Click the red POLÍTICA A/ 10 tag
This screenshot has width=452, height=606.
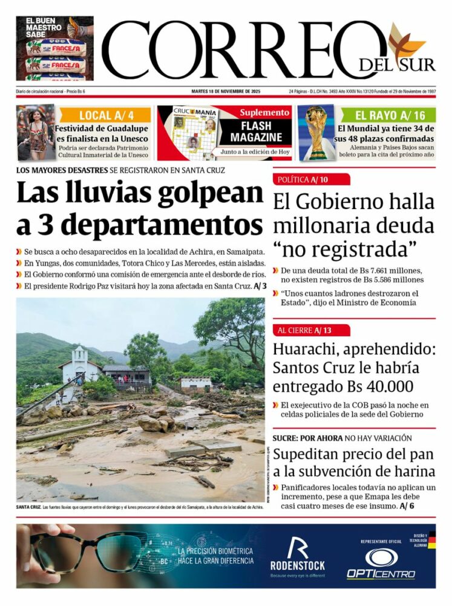click(x=311, y=179)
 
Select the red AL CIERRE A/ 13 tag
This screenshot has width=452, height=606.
click(x=311, y=330)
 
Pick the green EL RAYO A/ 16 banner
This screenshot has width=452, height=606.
click(x=389, y=115)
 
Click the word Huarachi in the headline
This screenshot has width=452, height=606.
click(x=307, y=350)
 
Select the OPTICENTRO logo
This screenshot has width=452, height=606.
click(x=381, y=563)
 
